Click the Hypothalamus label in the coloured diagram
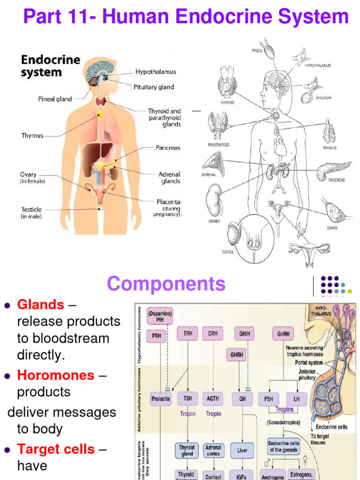click(x=156, y=72)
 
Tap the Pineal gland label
click(x=55, y=99)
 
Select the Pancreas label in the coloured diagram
click(x=168, y=148)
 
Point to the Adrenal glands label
click(x=169, y=178)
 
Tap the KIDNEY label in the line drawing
click(x=214, y=221)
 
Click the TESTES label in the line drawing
click(x=227, y=252)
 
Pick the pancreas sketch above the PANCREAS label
click(x=333, y=170)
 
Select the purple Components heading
click(x=166, y=284)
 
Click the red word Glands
click(x=41, y=305)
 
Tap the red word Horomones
click(x=56, y=375)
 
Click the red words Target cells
click(x=56, y=449)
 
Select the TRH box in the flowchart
click(x=187, y=334)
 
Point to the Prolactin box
click(x=161, y=399)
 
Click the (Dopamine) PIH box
click(x=160, y=316)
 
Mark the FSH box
click(x=269, y=399)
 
